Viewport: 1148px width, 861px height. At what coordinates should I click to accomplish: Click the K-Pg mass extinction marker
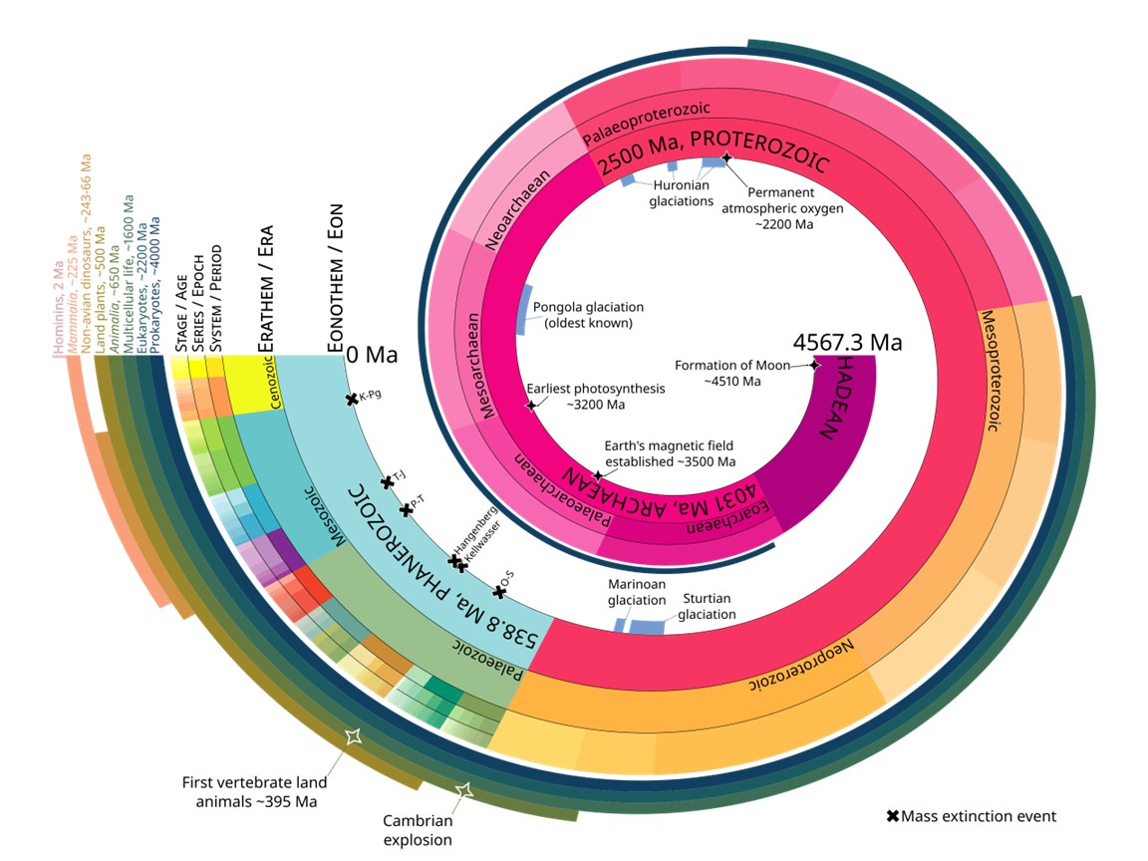352,400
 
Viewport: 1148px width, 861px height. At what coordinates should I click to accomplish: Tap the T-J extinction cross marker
388,482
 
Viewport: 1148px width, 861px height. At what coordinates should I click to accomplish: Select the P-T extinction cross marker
406,509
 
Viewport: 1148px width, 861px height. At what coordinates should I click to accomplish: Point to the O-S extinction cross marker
500,592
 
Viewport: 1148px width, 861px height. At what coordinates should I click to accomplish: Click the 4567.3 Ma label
847,343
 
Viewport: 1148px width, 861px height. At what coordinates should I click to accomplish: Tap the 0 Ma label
372,355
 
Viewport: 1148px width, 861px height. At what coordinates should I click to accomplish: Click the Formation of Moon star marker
814,366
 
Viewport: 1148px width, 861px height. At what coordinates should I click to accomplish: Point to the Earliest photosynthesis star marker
531,405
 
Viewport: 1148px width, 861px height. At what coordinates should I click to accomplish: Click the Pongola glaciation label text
588,315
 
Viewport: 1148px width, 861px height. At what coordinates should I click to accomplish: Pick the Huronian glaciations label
682,192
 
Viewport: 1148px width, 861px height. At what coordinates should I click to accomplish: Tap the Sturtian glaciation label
707,606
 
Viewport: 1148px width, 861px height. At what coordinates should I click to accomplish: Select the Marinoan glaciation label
636,592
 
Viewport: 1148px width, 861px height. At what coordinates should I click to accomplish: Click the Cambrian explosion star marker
463,790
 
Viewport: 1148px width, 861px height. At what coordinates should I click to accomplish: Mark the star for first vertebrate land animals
352,736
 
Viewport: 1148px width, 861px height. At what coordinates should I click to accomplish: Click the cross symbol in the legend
893,816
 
